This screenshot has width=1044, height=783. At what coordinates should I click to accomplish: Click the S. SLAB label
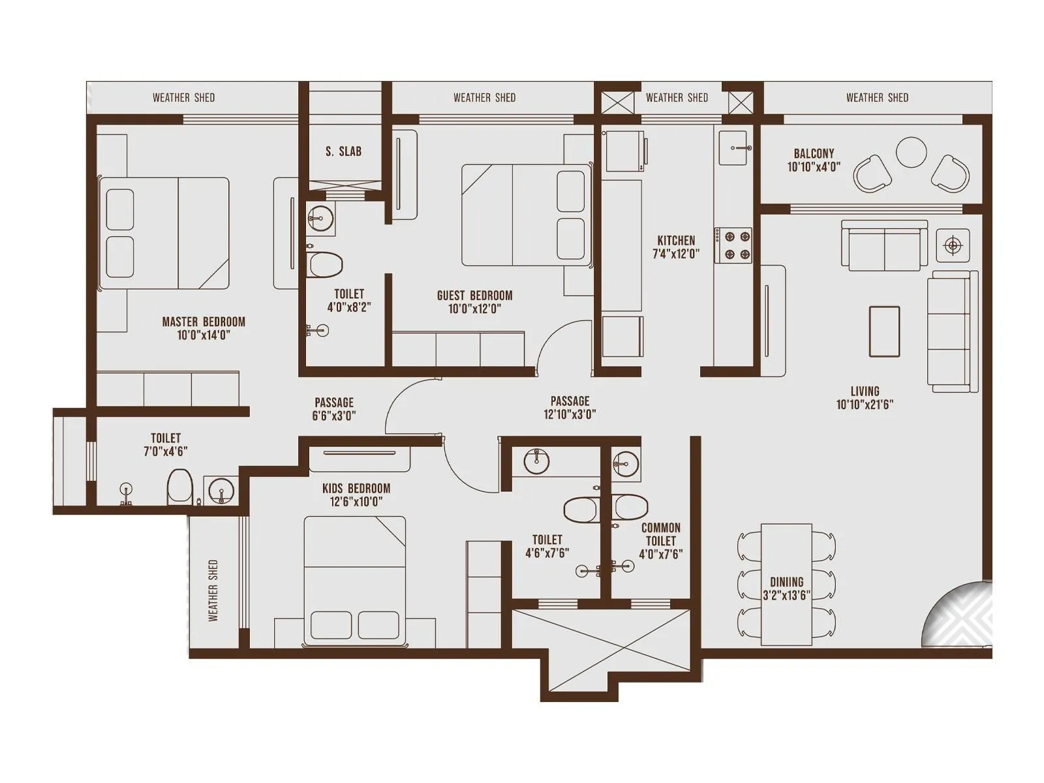pos(343,151)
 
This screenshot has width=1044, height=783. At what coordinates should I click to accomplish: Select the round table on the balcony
pos(911,153)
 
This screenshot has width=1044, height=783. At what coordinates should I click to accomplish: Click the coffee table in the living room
pos(884,331)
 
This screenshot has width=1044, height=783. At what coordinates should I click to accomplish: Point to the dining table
pos(786,584)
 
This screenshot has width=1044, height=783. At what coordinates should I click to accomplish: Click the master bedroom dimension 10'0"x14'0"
pos(204,335)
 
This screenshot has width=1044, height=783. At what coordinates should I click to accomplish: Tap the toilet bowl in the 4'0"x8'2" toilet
pos(326,265)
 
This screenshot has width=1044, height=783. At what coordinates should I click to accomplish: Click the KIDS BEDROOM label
pos(356,488)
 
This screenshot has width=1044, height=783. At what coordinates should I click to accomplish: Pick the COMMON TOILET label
pos(660,534)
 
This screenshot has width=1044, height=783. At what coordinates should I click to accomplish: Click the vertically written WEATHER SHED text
pos(213,590)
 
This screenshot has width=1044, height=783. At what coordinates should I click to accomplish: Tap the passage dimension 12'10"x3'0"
pos(570,414)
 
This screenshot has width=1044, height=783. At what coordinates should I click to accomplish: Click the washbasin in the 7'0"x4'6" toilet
pos(221,490)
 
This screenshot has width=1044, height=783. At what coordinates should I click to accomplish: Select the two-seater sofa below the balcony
pos(884,245)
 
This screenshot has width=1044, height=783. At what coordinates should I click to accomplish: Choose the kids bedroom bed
pos(355,577)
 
